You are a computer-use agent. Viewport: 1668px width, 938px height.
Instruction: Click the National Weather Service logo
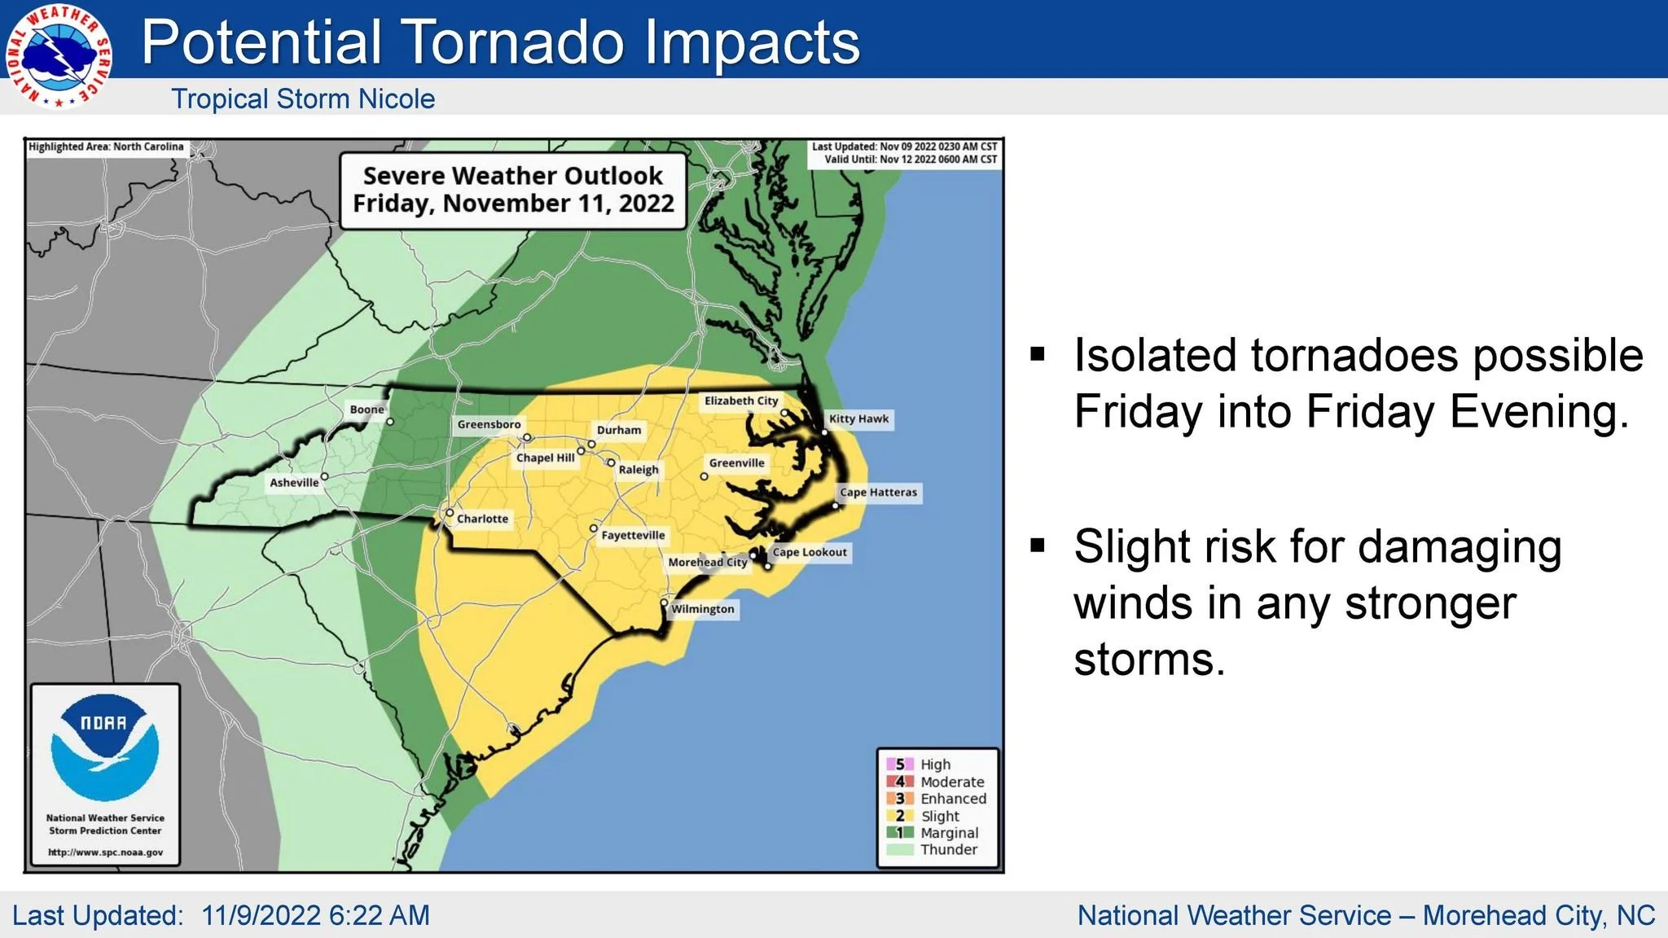point(58,56)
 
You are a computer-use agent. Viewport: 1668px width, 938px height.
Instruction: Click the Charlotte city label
point(482,519)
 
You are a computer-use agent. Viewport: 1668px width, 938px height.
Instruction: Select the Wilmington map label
point(702,609)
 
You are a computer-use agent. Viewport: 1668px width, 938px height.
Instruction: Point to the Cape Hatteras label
point(878,493)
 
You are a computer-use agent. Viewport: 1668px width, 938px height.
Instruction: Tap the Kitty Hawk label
point(858,419)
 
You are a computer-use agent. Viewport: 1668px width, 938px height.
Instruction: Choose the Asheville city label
point(294,483)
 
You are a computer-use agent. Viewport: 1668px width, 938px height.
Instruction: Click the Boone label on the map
point(367,410)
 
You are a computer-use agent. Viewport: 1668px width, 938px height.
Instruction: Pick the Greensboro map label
point(489,424)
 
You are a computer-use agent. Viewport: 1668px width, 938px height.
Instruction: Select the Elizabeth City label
point(741,401)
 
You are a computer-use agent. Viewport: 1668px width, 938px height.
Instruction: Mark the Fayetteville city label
point(633,535)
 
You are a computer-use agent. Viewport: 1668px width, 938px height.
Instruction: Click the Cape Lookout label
point(810,552)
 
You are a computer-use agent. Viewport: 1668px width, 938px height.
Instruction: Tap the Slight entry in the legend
point(940,816)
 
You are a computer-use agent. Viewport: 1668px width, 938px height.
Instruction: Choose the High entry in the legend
point(935,765)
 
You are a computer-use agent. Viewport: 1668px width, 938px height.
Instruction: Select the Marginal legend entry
point(949,833)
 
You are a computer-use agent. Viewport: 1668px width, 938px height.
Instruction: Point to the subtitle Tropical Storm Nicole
point(303,99)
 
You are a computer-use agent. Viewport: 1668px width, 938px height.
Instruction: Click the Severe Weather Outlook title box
point(513,190)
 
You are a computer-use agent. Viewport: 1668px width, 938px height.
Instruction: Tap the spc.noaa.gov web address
point(105,853)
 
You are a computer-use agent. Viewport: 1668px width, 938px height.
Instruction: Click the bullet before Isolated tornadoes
point(1038,354)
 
